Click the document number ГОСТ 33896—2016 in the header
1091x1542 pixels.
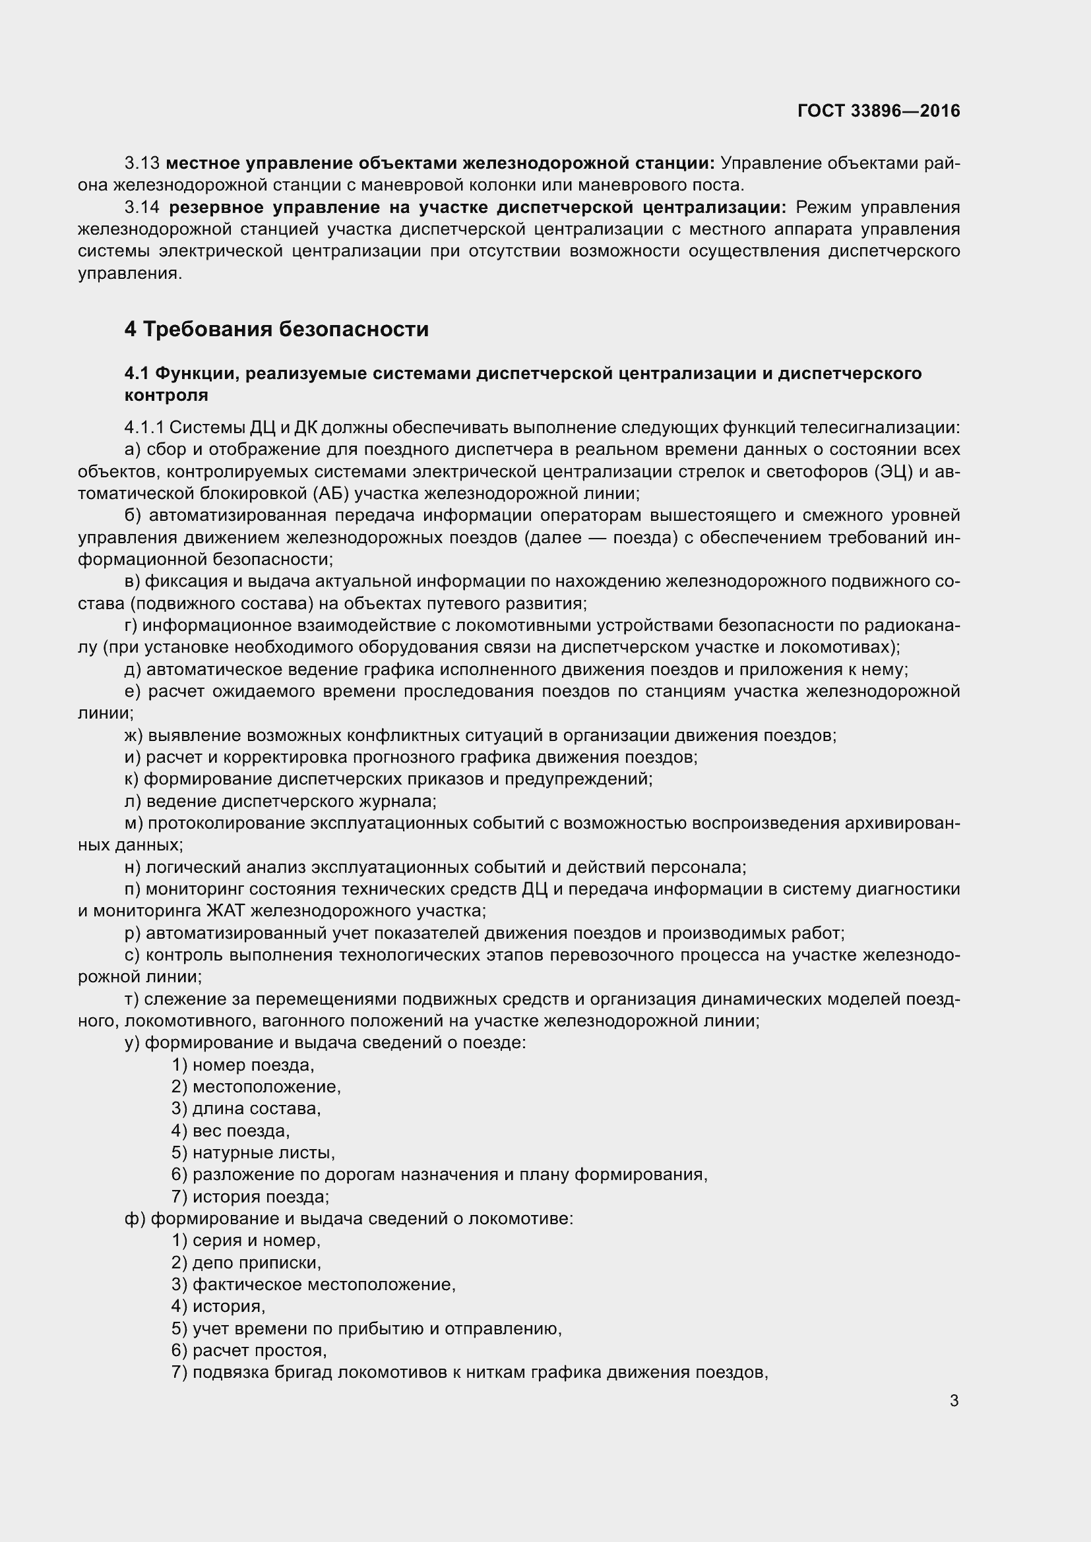878,111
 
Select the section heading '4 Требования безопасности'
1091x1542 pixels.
276,329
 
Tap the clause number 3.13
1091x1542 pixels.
142,163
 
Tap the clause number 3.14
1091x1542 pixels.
142,208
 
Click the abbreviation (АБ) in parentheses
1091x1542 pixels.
329,494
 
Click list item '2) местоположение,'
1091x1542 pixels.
256,1086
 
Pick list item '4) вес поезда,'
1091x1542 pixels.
230,1131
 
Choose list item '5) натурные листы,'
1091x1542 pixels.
253,1153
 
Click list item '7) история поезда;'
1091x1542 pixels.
250,1197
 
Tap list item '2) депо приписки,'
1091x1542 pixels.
247,1262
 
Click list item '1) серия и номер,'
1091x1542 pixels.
246,1241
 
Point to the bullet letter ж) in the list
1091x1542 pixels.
134,736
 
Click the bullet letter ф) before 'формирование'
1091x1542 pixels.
135,1218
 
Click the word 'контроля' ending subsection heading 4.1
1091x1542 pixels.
166,395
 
